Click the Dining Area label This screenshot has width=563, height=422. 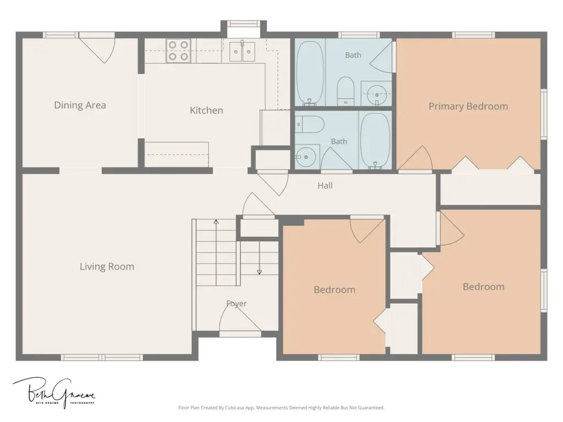coord(80,105)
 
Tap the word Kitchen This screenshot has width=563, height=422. coord(207,110)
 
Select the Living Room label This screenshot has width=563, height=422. coord(107,266)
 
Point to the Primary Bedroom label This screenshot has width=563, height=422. coord(468,106)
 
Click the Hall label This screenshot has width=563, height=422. coord(325,186)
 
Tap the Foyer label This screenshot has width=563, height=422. coord(236,303)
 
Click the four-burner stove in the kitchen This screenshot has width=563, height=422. coord(179,51)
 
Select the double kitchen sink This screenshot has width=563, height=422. coord(242,51)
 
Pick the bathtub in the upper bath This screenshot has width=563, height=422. coord(310,73)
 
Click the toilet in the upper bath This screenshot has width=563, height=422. coord(346,91)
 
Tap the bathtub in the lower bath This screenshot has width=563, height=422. coord(375,140)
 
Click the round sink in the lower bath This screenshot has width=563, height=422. coord(306,157)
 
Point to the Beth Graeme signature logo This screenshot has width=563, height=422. coord(54,392)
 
